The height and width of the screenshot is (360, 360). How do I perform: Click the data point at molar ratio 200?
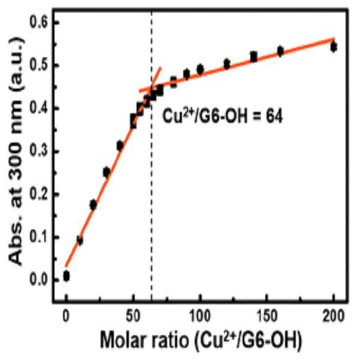[334, 47]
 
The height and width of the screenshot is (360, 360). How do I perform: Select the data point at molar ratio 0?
[66, 276]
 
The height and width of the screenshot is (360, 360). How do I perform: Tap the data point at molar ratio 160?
[280, 51]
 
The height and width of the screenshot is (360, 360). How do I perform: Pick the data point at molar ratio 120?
[227, 64]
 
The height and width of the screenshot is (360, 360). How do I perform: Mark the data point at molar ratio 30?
[106, 172]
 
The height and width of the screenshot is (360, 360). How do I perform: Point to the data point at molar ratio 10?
[80, 241]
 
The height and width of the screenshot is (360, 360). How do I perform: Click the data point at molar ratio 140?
[253, 57]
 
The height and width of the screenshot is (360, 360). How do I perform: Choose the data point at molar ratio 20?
[93, 205]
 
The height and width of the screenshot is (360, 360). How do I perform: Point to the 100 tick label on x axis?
[200, 316]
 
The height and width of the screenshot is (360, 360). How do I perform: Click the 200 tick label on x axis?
[334, 316]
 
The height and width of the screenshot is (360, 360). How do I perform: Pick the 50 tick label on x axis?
[133, 316]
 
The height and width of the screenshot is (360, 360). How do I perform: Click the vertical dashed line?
[152, 156]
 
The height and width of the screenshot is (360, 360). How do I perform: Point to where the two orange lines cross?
[152, 87]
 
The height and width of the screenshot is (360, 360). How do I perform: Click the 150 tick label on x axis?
[267, 316]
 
